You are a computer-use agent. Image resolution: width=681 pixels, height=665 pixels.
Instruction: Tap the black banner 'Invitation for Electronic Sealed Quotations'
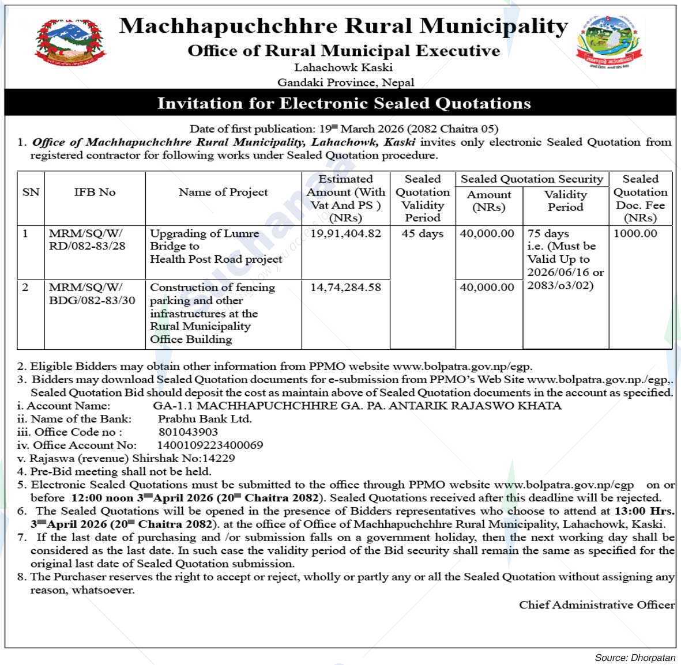(x=344, y=103)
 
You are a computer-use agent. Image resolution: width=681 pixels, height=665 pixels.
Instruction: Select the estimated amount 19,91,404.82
(x=345, y=233)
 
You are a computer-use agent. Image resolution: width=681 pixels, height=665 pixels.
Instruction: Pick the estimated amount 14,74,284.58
(x=345, y=287)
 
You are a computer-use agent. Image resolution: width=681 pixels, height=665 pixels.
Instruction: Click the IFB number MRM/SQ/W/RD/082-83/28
(x=86, y=240)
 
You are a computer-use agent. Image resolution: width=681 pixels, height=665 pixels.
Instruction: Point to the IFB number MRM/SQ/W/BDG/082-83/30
(x=92, y=293)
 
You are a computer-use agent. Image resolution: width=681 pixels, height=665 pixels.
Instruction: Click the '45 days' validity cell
(x=422, y=233)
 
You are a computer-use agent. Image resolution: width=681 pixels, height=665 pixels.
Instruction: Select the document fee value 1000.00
(x=635, y=233)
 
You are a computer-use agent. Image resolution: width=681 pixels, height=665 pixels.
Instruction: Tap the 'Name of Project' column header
(x=223, y=192)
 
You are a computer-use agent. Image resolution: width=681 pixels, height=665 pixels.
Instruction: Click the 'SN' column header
(x=31, y=192)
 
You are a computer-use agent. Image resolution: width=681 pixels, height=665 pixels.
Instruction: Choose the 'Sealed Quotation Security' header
(x=531, y=179)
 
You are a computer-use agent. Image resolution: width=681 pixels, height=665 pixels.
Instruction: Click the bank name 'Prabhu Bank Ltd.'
(x=205, y=419)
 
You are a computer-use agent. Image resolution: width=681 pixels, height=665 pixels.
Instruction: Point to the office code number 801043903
(x=188, y=432)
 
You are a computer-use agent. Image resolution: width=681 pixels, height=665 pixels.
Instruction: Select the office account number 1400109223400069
(x=210, y=445)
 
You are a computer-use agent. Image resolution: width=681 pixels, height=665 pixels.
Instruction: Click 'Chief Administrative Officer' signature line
(x=596, y=604)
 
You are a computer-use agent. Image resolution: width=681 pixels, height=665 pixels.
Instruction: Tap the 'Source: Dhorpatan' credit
(x=635, y=658)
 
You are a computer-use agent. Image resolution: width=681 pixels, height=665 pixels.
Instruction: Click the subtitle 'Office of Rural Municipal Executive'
(x=344, y=51)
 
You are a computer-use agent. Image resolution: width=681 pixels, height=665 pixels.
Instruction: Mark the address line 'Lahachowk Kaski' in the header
(x=344, y=67)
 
